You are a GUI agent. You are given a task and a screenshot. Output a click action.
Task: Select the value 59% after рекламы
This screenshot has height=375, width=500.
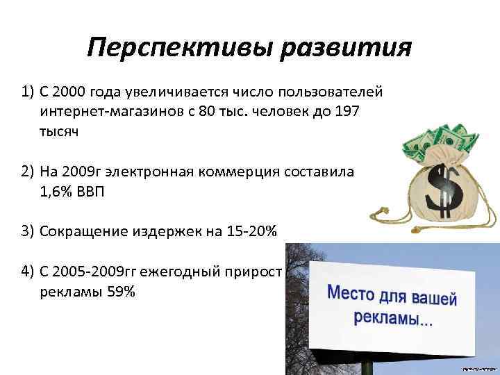pyautogui.click(x=121, y=291)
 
